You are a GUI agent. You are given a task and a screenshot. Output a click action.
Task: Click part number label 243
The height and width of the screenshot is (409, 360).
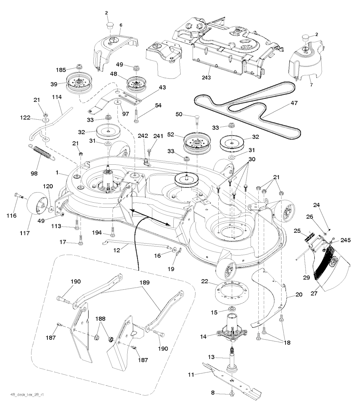[206, 78]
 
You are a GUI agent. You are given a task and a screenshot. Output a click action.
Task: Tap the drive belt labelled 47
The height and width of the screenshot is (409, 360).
[246, 106]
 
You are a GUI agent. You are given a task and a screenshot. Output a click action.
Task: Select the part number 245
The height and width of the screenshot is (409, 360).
[346, 241]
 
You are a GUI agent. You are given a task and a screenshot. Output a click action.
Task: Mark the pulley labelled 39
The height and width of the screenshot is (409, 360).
[78, 81]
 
